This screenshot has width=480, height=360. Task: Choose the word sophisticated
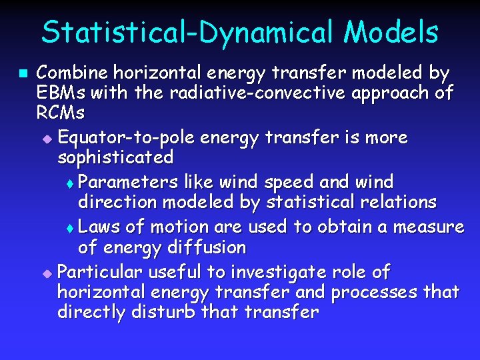pyautogui.click(x=115, y=157)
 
